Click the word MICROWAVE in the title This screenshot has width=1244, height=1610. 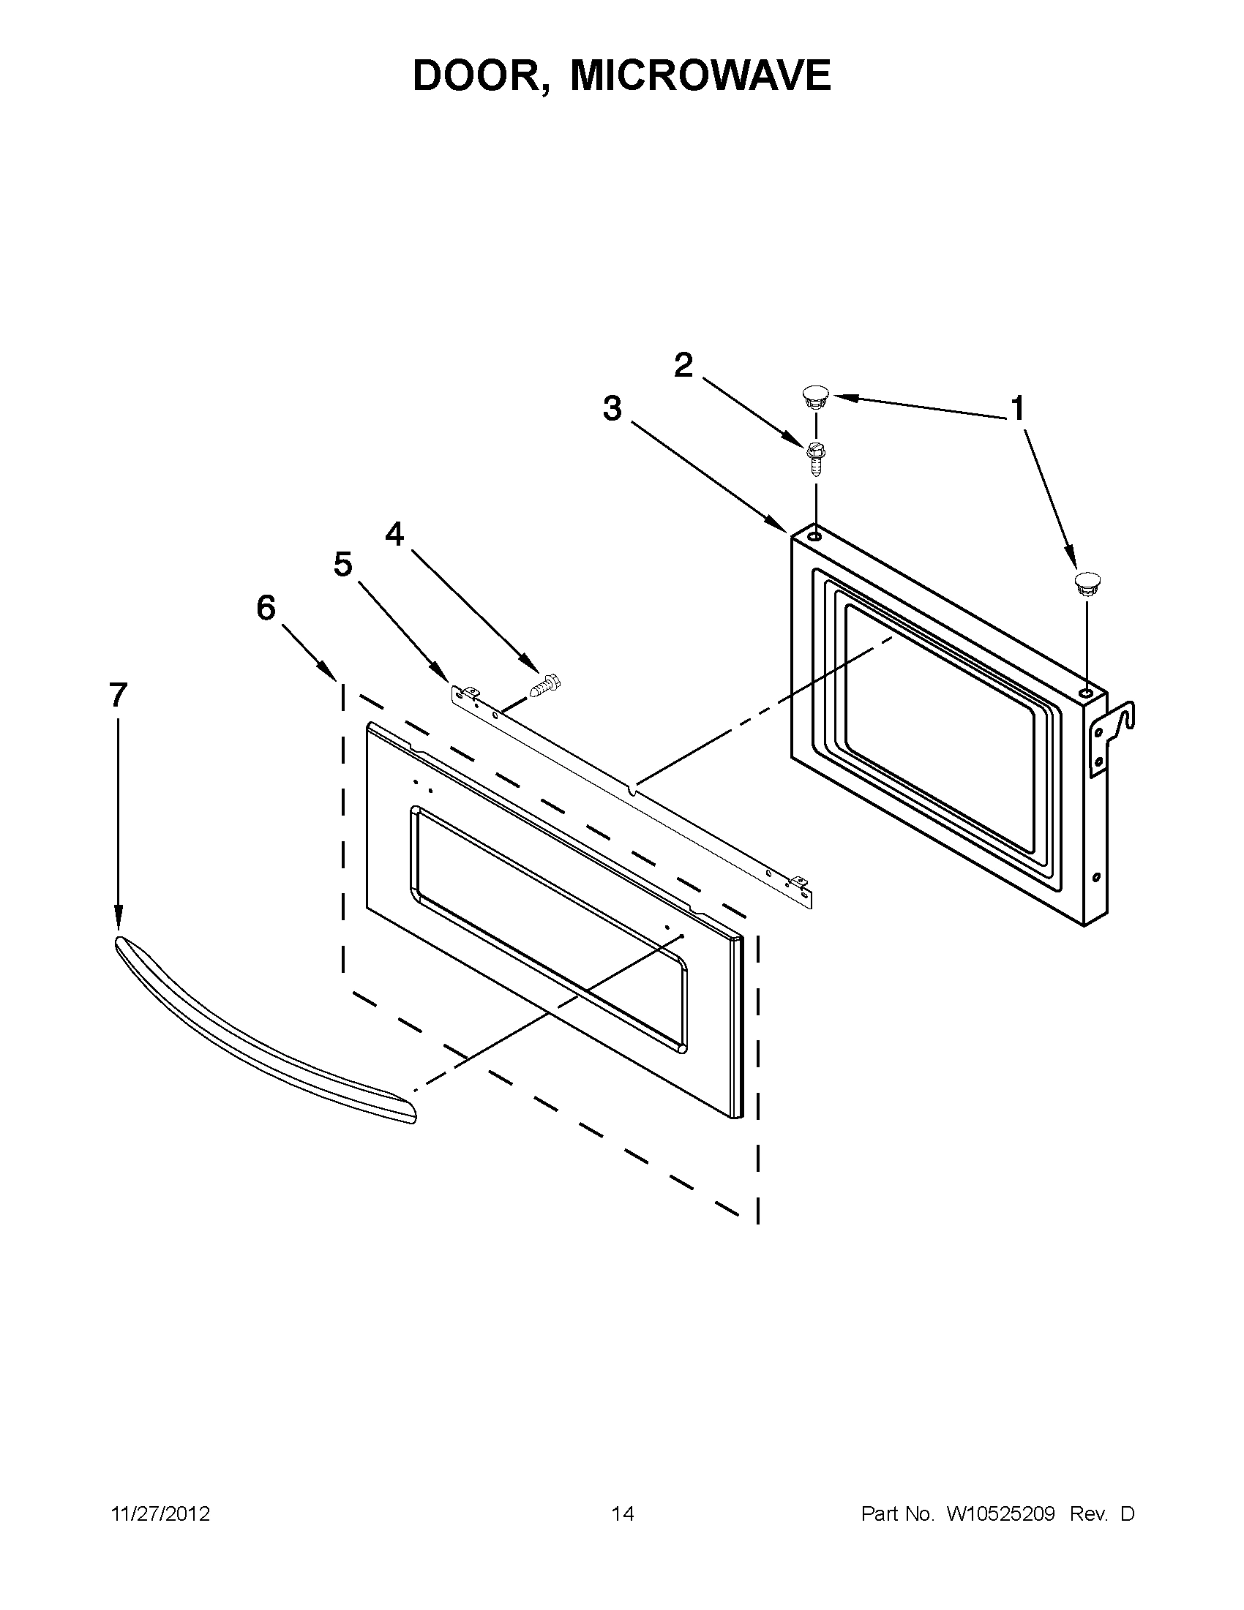700,75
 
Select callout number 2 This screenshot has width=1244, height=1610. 683,366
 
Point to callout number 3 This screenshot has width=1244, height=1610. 612,409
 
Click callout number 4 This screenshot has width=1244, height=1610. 395,535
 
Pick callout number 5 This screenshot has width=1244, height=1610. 343,565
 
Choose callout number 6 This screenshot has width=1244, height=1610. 266,609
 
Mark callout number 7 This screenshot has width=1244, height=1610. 118,695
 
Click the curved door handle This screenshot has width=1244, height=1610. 258,1032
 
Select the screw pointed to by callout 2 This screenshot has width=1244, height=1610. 816,457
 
